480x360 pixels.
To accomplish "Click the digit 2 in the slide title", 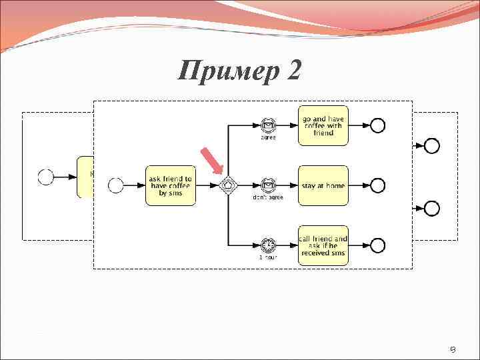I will [294, 69].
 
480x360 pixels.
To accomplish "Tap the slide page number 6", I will [452, 349].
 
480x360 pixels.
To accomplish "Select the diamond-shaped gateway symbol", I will [229, 185].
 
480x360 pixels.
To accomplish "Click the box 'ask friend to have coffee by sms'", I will [170, 185].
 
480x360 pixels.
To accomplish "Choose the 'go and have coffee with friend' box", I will [323, 125].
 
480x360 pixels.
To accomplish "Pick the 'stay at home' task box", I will [323, 185].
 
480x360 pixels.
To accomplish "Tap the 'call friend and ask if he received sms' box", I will [323, 245].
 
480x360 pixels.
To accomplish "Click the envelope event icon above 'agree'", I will [268, 125].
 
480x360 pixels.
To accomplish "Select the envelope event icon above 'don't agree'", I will [268, 185].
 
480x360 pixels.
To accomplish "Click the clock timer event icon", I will [268, 245].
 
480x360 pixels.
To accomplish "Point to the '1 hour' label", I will [268, 257].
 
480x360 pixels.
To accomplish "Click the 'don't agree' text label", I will [268, 197].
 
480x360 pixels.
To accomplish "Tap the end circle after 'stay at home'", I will [377, 185].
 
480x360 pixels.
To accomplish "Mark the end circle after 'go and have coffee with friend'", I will [377, 125].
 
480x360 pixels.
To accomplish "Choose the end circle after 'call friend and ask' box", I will [377, 245].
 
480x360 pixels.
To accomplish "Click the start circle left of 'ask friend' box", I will [116, 185].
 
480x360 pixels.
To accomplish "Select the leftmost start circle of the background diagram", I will [46, 177].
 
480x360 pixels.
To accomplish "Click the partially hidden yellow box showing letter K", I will [85, 177].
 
